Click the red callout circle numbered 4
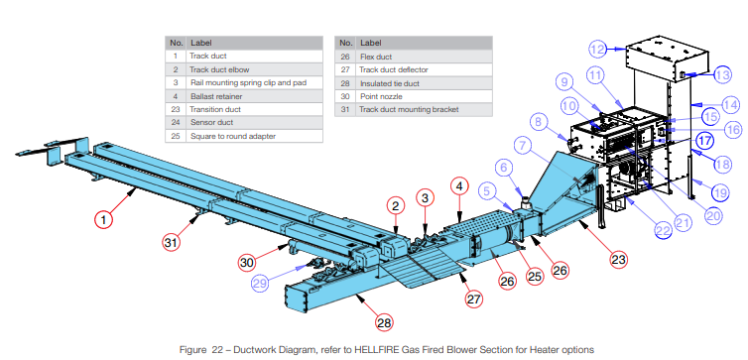click(459, 184)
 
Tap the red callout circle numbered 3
click(425, 197)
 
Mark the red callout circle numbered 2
click(394, 206)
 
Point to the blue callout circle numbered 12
click(597, 49)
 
